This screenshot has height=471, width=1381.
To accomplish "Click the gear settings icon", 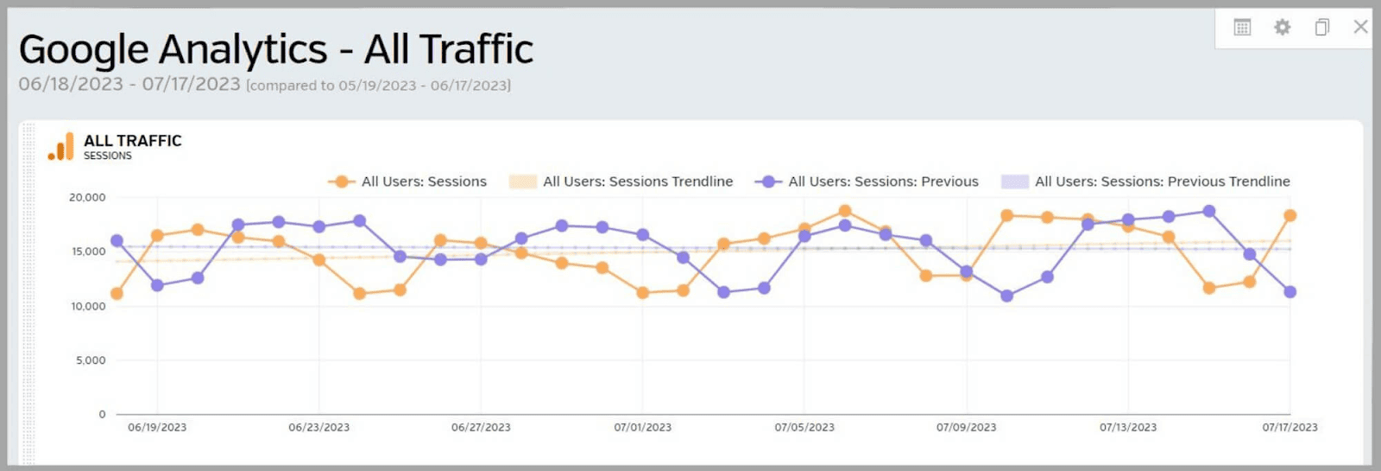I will coord(1282,28).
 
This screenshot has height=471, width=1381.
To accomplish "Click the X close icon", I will coord(1360,27).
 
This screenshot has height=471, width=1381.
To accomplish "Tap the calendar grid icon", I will coord(1242,28).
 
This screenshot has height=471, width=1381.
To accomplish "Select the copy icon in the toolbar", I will coord(1321,28).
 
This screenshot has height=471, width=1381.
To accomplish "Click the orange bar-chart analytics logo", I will coord(61,147).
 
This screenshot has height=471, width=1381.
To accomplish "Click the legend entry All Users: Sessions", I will coord(423,181).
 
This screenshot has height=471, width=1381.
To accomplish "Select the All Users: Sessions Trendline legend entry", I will coord(637,181).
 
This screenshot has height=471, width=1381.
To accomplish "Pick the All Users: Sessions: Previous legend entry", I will coord(882,181).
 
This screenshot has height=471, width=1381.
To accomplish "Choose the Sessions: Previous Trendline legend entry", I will coord(1162,181).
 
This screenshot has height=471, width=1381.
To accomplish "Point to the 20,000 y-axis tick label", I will coord(87,198).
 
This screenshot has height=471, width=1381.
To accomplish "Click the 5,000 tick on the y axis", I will coord(91,360).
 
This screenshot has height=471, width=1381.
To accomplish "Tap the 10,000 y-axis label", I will coord(88,306).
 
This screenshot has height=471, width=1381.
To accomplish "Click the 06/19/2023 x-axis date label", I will coord(157,427).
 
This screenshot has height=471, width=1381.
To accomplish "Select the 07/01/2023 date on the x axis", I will coord(642,427).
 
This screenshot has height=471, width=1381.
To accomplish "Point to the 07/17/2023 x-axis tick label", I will coord(1290,427).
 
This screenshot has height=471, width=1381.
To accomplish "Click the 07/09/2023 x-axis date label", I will coord(966,427).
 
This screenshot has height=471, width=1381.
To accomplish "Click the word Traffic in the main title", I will coord(449,49).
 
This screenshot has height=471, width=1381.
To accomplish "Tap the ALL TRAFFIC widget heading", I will coord(133,141).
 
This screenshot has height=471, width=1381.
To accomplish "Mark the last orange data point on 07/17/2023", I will coord(1290,216).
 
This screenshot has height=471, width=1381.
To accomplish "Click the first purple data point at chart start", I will coord(117,241).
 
